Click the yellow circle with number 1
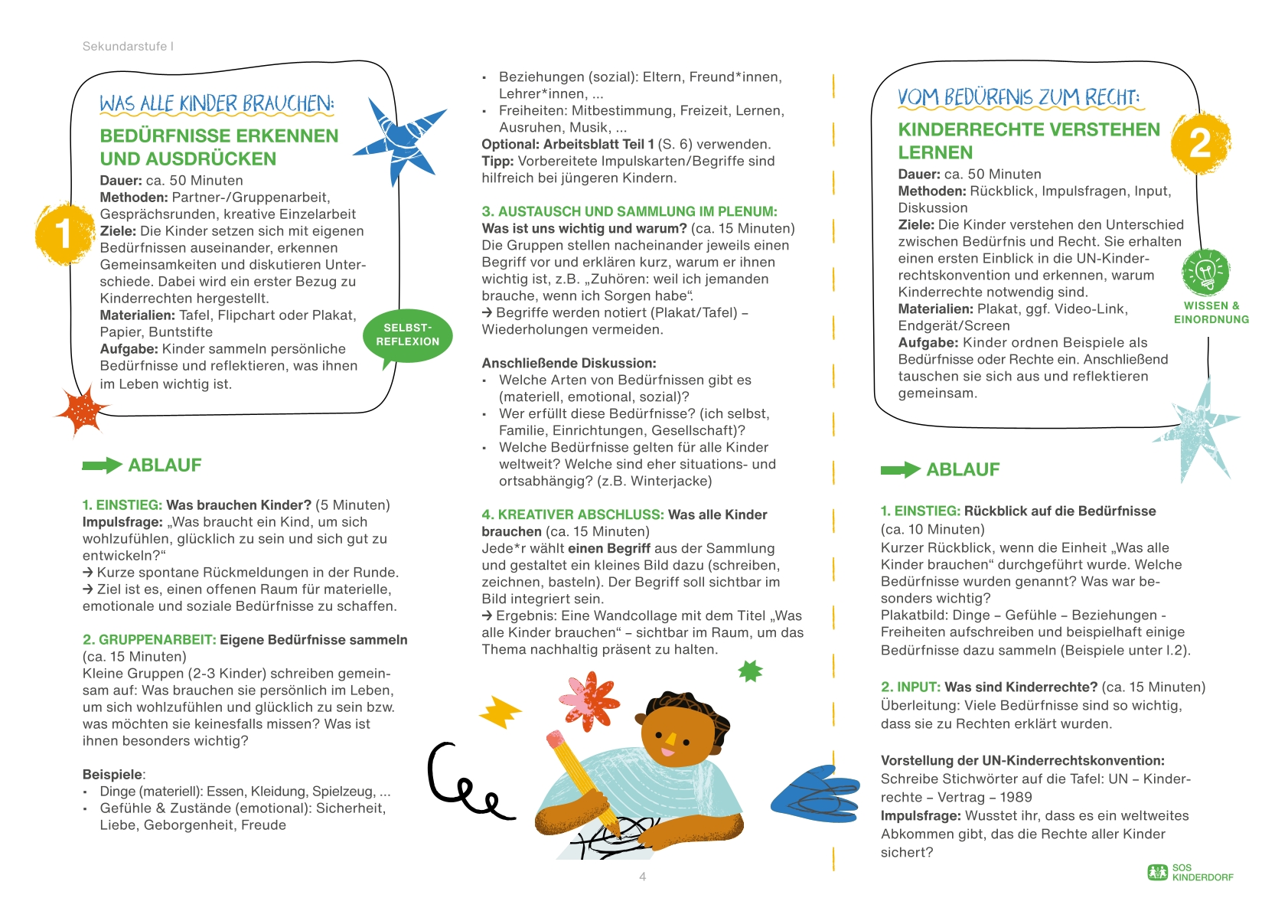tap(62, 233)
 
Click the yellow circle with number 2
tap(1200, 143)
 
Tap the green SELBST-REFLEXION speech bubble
tap(408, 335)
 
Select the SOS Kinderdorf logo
tap(1190, 872)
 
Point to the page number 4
tap(643, 877)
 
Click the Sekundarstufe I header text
tap(128, 46)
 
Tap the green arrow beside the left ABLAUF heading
tap(102, 465)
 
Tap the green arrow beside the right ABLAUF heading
tap(900, 469)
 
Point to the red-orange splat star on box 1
tap(83, 411)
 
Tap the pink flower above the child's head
tap(588, 698)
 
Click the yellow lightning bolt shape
tap(501, 711)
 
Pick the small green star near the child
tap(750, 671)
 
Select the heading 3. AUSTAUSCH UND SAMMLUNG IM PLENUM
tap(629, 211)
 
